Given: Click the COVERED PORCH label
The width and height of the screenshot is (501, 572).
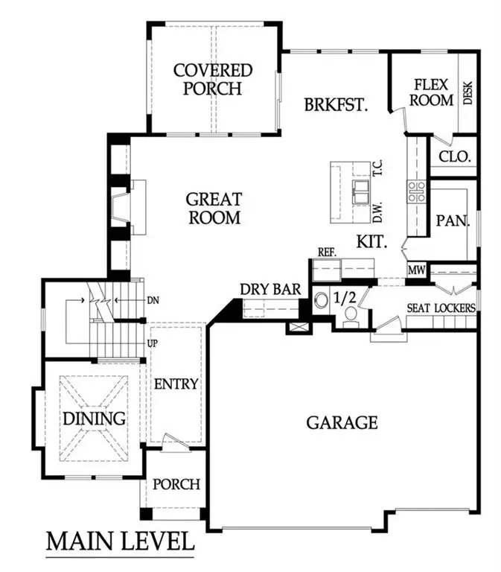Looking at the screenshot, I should pos(213,79).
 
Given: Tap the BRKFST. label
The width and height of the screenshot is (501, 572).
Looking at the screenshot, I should pos(336,105).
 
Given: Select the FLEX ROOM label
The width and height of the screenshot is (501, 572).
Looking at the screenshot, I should pos(433,92).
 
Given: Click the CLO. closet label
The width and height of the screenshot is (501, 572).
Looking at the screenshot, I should pos(453,157).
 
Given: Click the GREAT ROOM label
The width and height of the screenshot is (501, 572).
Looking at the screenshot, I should pos(214,209).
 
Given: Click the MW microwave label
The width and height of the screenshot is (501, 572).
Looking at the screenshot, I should pos(416,271).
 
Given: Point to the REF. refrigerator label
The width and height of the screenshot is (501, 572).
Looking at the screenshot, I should pos(328,252).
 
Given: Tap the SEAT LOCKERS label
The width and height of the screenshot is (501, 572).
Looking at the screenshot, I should pos(441,308).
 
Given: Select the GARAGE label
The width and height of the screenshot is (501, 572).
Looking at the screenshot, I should pos(342,422).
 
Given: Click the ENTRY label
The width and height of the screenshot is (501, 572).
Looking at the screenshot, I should pos(176,384).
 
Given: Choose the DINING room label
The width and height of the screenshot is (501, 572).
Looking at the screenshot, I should pos(94,418).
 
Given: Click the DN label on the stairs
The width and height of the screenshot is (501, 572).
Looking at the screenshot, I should pos(154,300).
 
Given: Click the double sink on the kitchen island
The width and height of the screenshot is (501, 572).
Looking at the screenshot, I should pos(360,191).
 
